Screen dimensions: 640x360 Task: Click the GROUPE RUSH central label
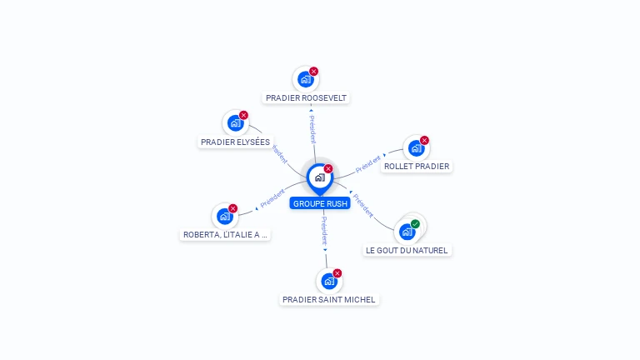click(320, 203)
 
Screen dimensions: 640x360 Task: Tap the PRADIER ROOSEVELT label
click(306, 97)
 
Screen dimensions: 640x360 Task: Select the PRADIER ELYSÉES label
click(236, 142)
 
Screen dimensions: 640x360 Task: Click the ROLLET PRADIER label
click(417, 166)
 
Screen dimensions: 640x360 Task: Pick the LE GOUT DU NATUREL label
click(407, 250)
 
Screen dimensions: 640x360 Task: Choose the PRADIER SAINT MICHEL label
click(329, 299)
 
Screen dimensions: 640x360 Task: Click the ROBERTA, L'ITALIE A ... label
click(225, 235)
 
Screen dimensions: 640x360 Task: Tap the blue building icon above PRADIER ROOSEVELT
click(305, 80)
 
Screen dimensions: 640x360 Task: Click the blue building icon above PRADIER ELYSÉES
click(235, 123)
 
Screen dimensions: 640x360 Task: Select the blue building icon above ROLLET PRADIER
click(416, 148)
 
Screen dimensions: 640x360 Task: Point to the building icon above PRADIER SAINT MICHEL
click(328, 282)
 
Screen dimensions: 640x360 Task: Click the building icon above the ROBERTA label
click(224, 217)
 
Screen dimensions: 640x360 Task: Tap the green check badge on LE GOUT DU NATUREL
click(415, 224)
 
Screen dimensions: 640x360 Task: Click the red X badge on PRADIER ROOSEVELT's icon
click(313, 72)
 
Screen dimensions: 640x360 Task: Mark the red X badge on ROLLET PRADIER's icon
click(424, 141)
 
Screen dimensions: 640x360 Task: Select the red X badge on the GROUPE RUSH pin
click(327, 169)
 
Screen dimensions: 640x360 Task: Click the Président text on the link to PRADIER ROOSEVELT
click(312, 130)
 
